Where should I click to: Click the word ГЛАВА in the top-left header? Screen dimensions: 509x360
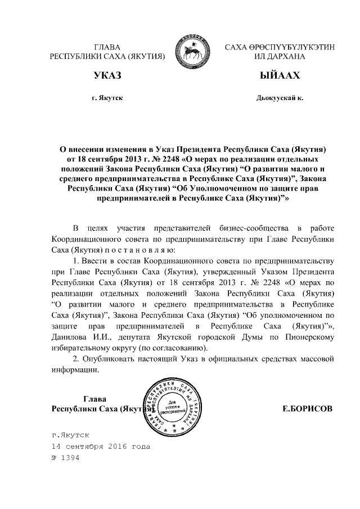pos(107,47)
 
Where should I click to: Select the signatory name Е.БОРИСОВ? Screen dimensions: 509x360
pos(307,409)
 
